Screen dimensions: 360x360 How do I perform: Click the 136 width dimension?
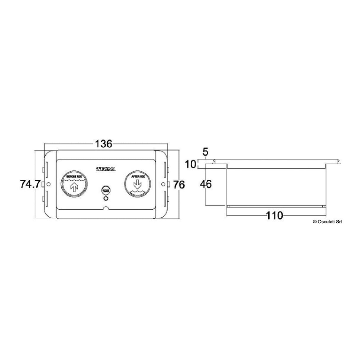pos(103,144)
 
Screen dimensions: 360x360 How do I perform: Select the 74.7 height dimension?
pos(30,184)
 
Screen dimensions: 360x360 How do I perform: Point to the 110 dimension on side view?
pos(274,216)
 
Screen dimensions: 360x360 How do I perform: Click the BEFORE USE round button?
pos(74,184)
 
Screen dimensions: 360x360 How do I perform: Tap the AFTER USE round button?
pos(137,184)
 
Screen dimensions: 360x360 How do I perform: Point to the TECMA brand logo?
pos(106,169)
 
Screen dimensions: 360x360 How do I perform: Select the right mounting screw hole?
pos(163,184)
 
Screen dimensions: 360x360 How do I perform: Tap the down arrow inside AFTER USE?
pos(137,185)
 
